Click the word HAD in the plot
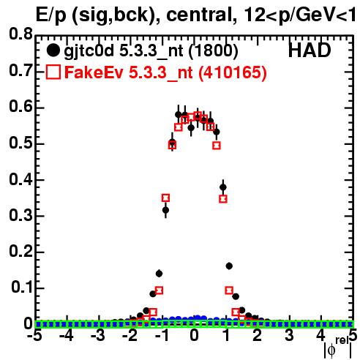tap(310, 50)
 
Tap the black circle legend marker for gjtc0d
tap(53, 50)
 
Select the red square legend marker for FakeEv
tap(53, 72)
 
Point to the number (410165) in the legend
tap(233, 72)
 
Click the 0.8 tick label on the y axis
tap(20, 34)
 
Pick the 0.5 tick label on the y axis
tap(20, 143)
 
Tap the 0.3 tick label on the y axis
tap(20, 216)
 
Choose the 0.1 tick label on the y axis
tap(21, 288)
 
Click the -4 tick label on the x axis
tap(67, 336)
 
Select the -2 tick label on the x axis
tap(130, 336)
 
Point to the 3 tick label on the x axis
tap(289, 336)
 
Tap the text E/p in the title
tap(50, 16)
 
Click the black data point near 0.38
tap(223, 187)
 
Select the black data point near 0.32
tap(165, 210)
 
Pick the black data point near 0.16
tap(229, 266)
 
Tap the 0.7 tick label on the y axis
tap(20, 70)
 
